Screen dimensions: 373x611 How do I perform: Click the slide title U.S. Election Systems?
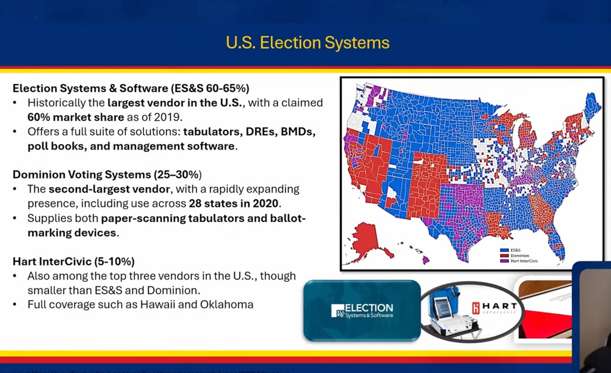pos(308,43)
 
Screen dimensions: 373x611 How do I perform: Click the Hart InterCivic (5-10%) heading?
pos(73,261)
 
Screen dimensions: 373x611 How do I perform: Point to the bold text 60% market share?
pos(76,117)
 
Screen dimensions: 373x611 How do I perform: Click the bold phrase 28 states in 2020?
pos(233,204)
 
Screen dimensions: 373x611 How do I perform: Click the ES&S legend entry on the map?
pos(515,250)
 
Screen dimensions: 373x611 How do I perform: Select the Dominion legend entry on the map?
pos(519,256)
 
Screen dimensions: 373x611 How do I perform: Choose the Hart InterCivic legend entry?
pos(523,261)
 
